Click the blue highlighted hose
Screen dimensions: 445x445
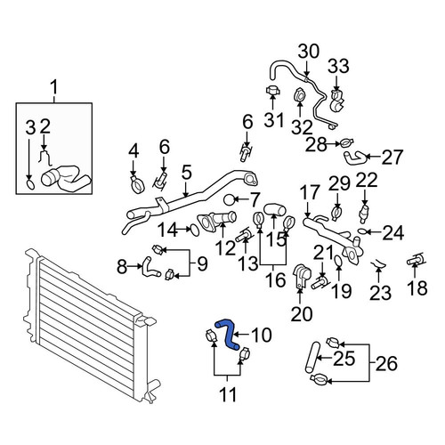[229, 335]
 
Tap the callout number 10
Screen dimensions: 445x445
[261, 335]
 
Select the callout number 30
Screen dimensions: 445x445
[309, 52]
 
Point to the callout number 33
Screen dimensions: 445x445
[338, 66]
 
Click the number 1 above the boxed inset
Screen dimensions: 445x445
[54, 88]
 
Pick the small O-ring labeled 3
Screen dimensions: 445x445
[30, 184]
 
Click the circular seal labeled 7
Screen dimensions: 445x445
[230, 200]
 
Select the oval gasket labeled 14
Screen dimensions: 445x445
[194, 230]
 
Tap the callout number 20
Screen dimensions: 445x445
[302, 314]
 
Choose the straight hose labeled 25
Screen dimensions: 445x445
[311, 357]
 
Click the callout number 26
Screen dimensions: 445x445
[386, 364]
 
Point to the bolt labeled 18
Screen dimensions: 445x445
[416, 259]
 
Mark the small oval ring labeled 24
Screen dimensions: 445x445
[362, 231]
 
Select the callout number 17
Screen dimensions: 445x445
[311, 193]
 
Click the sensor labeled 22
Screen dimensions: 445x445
[364, 213]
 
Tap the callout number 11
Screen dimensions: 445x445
[229, 394]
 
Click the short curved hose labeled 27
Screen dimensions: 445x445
[355, 157]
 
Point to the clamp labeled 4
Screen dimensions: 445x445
[137, 184]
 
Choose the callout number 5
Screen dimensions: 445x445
[187, 174]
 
